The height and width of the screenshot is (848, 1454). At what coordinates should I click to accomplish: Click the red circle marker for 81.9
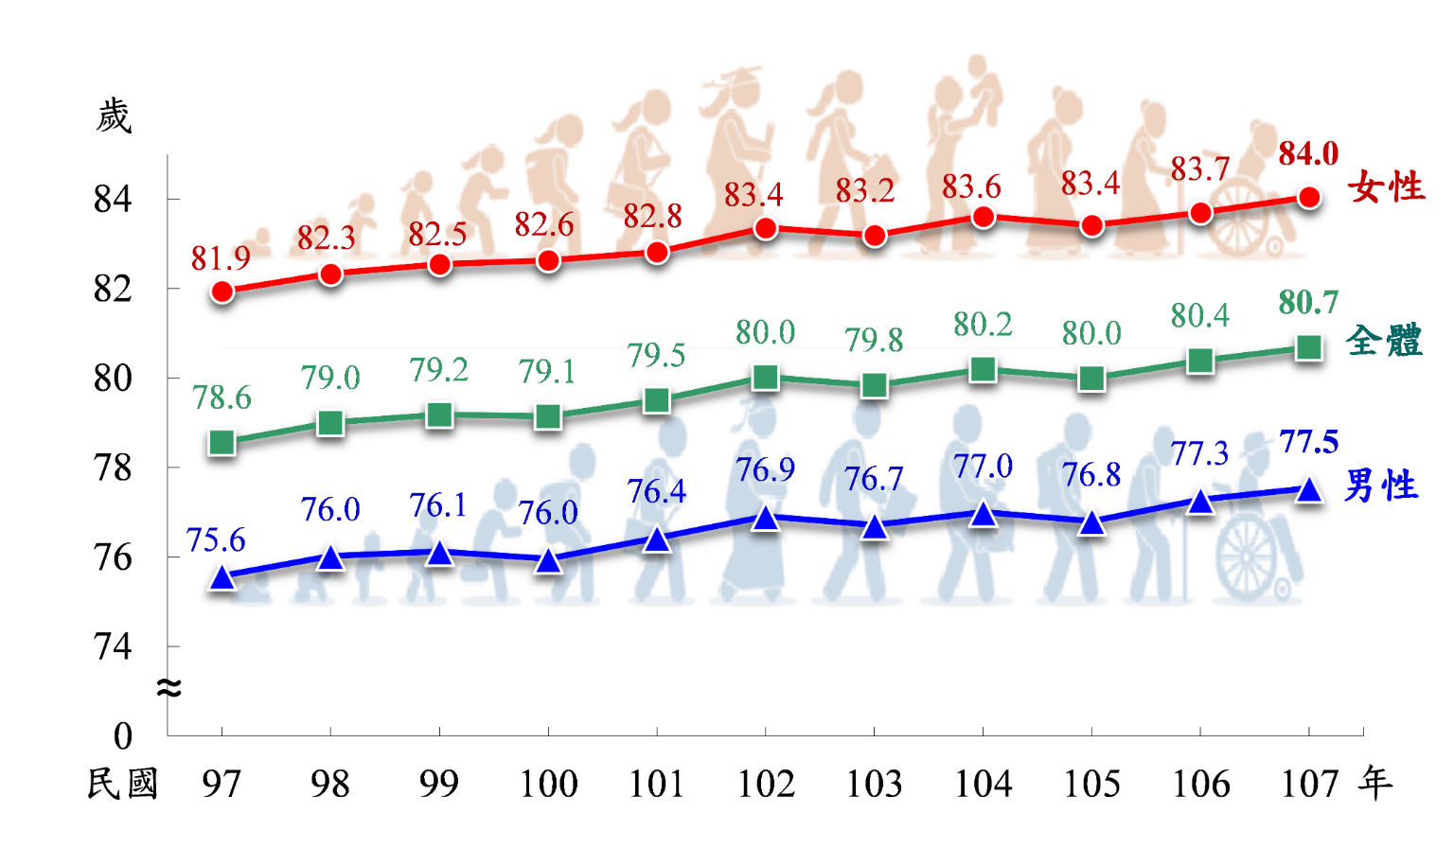pos(222,291)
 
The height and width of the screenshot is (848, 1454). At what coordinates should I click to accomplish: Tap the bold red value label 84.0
pos(1308,153)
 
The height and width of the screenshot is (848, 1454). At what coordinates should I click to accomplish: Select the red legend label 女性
pos(1387,187)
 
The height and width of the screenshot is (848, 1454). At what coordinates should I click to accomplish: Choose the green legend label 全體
pos(1384,341)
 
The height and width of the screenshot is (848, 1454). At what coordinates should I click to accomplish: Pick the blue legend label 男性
pos(1381,486)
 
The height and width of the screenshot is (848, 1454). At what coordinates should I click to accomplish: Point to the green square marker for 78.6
pos(222,442)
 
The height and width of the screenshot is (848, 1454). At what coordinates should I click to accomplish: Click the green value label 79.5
pos(656,356)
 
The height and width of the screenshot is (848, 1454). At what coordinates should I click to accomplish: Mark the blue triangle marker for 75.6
pos(222,576)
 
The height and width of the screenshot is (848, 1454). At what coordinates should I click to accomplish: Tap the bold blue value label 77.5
pos(1308,442)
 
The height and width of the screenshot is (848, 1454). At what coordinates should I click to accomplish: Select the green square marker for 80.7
pos(1308,347)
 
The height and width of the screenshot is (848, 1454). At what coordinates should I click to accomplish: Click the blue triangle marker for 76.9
pos(765,518)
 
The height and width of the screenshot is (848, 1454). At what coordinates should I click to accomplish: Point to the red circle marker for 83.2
pos(875,235)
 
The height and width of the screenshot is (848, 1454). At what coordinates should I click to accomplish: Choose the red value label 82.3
pos(327,238)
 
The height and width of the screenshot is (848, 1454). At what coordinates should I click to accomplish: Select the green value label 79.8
pos(875,340)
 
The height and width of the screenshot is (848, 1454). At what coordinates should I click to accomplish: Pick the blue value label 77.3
pos(1200,454)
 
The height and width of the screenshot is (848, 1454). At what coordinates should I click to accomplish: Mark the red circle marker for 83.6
pos(984,218)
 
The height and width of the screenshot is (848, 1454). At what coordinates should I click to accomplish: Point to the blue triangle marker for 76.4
pos(656,539)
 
